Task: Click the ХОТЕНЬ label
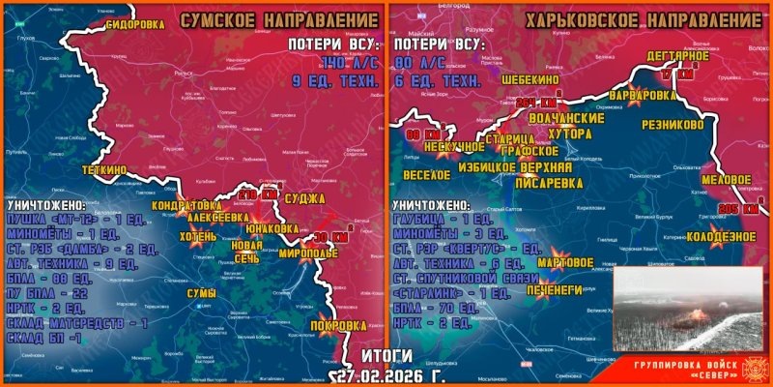[x=197, y=235]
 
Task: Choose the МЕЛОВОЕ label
[x=726, y=180]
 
